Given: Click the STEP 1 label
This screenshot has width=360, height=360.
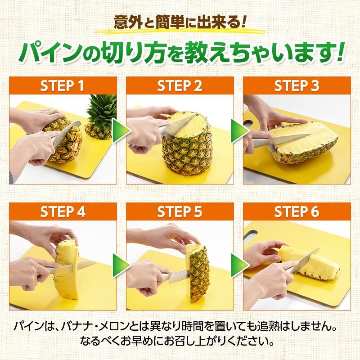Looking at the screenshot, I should [63, 85].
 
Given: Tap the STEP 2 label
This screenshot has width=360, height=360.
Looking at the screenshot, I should [180, 85].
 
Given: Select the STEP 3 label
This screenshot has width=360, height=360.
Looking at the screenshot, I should [297, 85].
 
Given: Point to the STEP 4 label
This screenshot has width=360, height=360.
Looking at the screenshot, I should [63, 211].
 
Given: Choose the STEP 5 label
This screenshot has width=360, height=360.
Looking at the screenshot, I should [180, 211].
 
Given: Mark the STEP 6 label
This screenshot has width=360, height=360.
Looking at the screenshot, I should [297, 211].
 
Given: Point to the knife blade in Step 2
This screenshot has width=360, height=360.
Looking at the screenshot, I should [180, 124].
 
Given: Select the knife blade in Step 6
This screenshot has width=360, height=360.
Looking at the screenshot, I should [306, 260].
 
